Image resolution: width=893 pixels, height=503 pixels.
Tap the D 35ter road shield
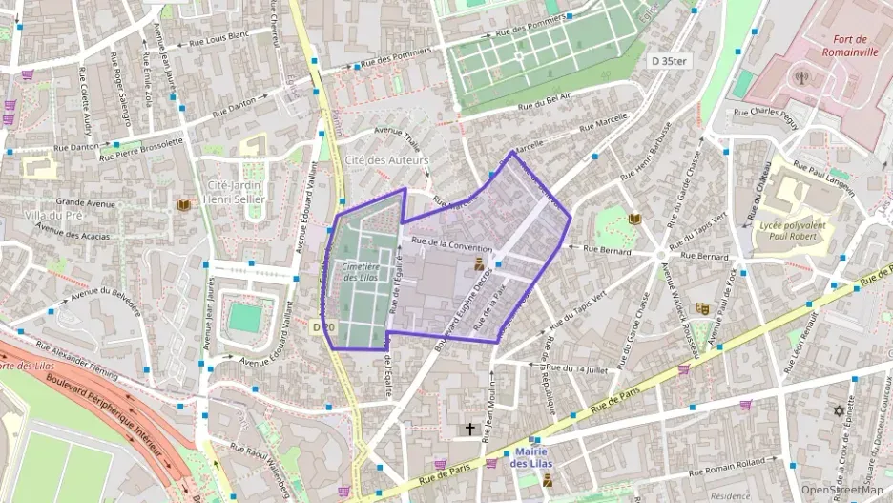668,60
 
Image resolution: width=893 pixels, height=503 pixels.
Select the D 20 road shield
324,327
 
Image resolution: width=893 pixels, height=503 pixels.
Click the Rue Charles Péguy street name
768,111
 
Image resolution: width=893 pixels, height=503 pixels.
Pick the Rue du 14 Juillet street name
580,367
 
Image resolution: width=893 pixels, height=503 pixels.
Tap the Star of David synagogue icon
840,411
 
